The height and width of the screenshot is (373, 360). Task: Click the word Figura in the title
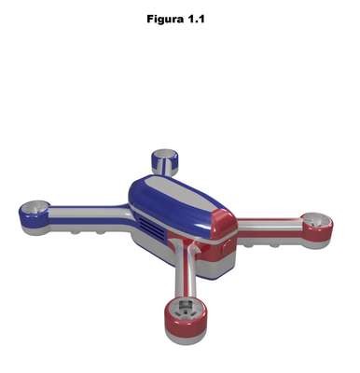(165, 20)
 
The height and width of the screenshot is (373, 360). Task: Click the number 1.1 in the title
(196, 20)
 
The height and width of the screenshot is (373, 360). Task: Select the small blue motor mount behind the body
(164, 160)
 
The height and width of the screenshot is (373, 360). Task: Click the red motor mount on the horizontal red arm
(317, 229)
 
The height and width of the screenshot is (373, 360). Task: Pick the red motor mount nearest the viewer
(186, 320)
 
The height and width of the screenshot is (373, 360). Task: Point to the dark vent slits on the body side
(152, 226)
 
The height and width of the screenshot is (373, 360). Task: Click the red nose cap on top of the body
(225, 225)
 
